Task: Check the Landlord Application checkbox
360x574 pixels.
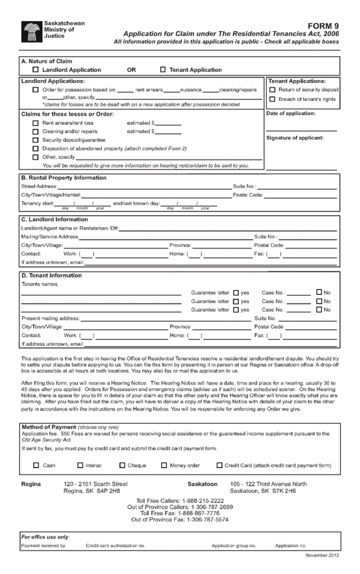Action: click(35, 70)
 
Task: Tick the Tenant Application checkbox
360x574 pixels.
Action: click(163, 70)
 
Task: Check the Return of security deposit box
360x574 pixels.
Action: click(273, 90)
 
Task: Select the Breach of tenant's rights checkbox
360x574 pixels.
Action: click(273, 99)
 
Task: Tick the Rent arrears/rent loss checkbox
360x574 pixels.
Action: click(35, 123)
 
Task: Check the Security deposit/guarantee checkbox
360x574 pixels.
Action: click(35, 140)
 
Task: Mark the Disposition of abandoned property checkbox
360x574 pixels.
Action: click(35, 149)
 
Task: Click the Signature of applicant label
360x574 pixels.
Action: click(295, 138)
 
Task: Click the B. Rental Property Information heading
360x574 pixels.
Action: click(64, 178)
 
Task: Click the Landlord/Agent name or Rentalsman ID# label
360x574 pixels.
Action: click(70, 228)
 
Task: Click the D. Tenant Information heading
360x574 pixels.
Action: click(51, 275)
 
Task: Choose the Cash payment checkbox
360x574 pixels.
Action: click(36, 466)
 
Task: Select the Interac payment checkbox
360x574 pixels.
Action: click(80, 466)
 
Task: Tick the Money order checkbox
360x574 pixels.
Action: click(164, 466)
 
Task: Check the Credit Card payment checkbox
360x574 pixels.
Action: click(220, 466)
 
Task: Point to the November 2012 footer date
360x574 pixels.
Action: click(322, 556)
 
